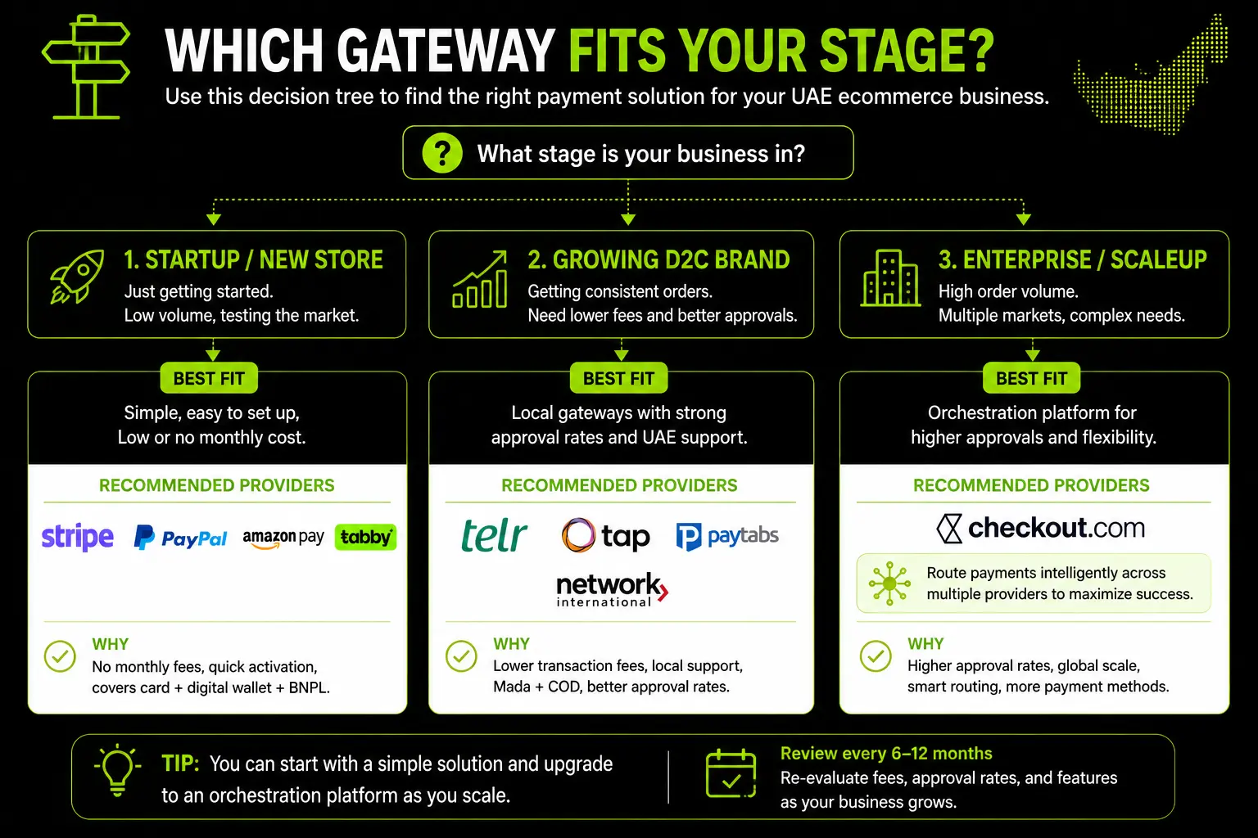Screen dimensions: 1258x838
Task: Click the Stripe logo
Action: (x=78, y=537)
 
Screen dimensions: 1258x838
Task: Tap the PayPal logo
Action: (x=180, y=538)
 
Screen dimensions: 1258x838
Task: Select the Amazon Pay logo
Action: (x=283, y=538)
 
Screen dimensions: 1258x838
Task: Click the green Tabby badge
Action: (x=365, y=537)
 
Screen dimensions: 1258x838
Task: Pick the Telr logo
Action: (x=494, y=535)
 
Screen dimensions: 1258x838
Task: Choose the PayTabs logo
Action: (x=727, y=536)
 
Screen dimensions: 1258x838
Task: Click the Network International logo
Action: (x=612, y=590)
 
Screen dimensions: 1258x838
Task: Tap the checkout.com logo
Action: (x=1040, y=528)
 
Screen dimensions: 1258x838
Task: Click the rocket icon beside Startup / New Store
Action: (x=78, y=276)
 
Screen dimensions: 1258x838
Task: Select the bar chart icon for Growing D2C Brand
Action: (x=480, y=279)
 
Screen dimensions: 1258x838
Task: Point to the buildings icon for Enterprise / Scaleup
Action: (x=890, y=278)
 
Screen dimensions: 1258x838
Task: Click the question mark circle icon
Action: (x=442, y=153)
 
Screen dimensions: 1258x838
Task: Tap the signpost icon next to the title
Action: (x=85, y=67)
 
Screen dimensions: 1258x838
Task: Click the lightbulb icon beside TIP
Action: (x=117, y=770)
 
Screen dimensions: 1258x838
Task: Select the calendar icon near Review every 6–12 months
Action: (x=731, y=773)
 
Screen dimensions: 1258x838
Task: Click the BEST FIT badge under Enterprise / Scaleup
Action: (x=1031, y=378)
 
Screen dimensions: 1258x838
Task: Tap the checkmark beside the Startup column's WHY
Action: (x=60, y=656)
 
